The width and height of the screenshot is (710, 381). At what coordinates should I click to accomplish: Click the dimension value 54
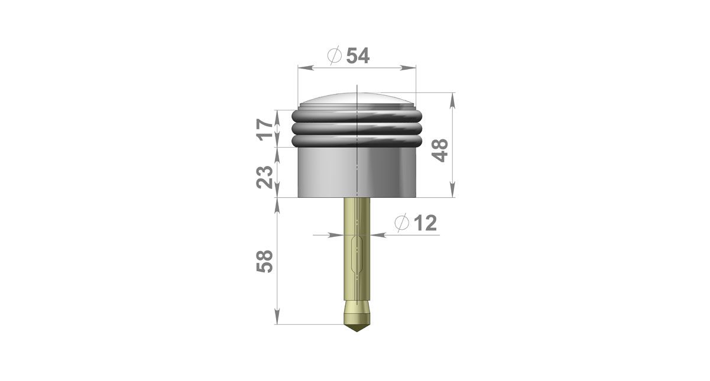click(x=358, y=56)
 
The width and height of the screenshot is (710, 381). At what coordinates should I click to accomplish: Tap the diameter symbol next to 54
click(x=335, y=55)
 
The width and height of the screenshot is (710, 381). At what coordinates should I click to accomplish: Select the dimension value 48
click(x=440, y=151)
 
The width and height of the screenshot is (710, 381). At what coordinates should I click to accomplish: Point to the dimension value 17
click(x=265, y=129)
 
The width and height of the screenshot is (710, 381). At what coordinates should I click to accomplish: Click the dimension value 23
click(x=265, y=177)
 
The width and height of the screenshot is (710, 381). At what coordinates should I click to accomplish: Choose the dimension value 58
click(x=265, y=261)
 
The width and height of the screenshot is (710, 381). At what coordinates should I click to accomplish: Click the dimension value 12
click(x=426, y=223)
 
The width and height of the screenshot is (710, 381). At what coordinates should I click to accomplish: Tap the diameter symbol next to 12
click(x=401, y=222)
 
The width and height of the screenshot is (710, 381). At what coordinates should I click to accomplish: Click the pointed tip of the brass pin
click(x=358, y=331)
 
